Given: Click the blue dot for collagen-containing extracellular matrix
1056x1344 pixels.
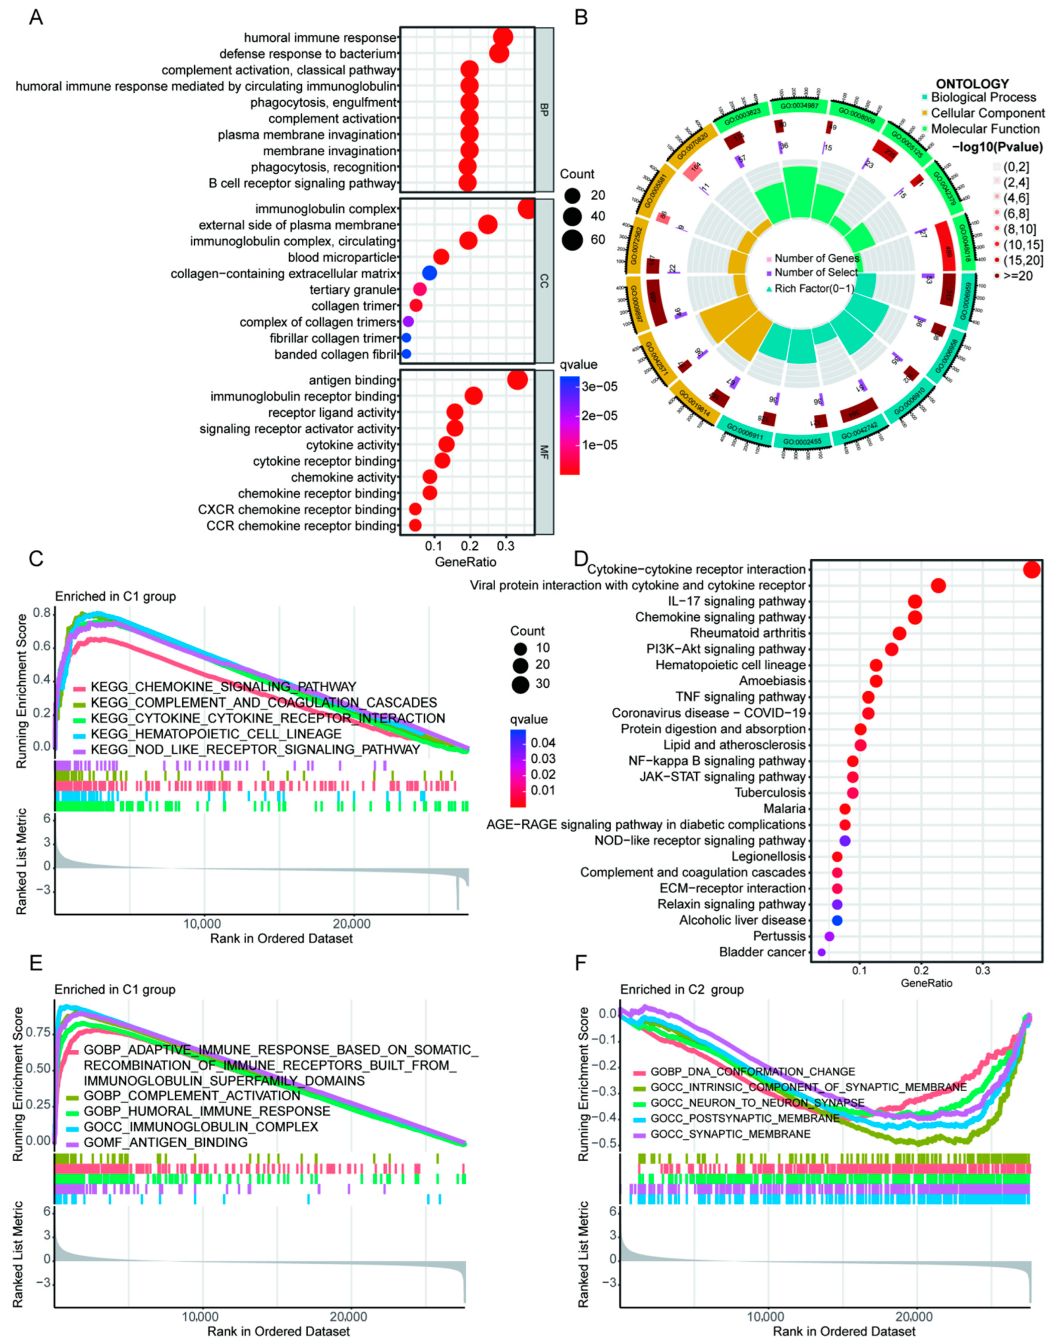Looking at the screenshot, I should tap(430, 274).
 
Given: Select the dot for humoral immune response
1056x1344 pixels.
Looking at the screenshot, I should tap(503, 37).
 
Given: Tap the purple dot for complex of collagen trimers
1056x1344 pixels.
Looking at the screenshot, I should tap(408, 322).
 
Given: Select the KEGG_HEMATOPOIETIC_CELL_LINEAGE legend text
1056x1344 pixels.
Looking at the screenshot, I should tap(216, 734).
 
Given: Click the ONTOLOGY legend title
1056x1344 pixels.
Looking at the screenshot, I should tap(972, 84).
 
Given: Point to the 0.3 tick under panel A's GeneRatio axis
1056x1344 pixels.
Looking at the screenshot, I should tap(506, 546).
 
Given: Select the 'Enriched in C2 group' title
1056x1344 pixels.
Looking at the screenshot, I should tap(682, 989).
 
